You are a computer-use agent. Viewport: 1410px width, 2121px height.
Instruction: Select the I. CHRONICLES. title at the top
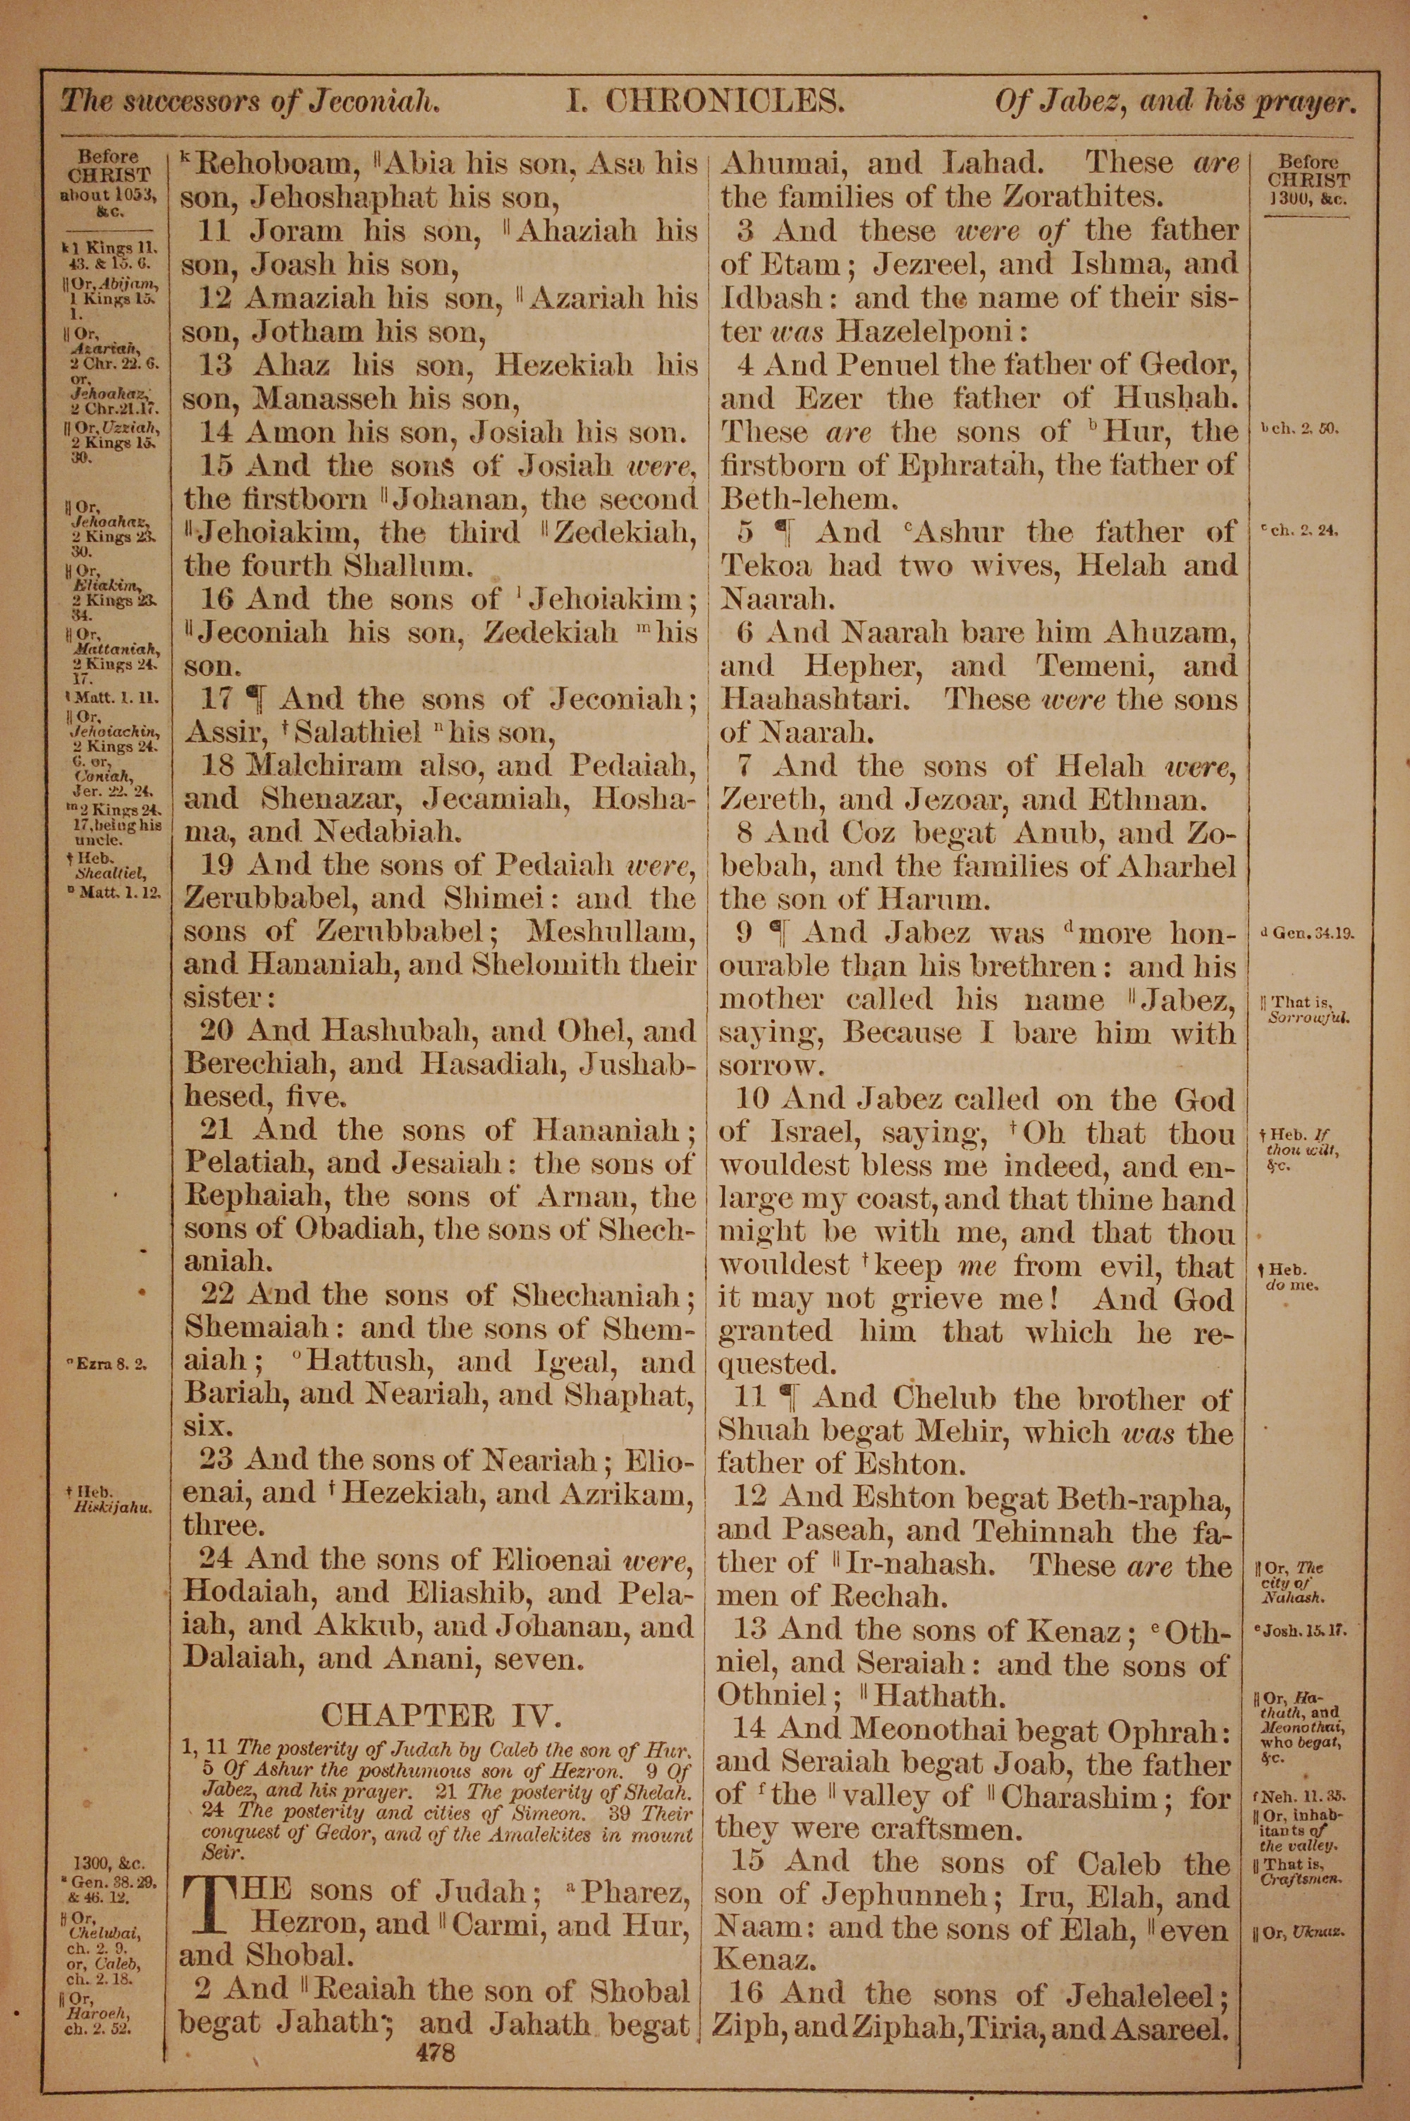click(706, 101)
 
